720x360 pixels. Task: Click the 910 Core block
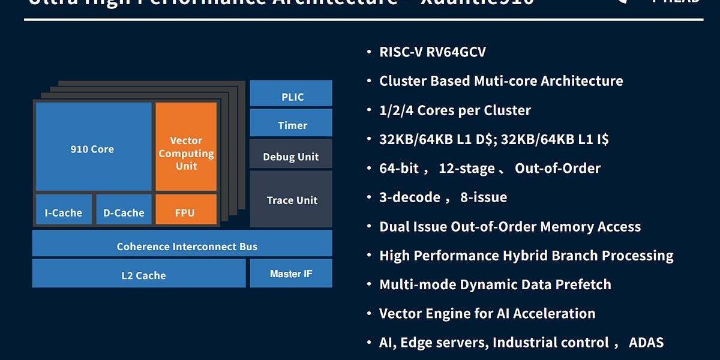click(x=93, y=147)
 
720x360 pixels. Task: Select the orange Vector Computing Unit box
click(x=186, y=147)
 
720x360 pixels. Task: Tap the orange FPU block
click(x=185, y=209)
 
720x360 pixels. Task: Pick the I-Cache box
click(x=64, y=209)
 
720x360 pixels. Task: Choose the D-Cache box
click(x=124, y=209)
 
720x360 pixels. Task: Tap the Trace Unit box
click(x=291, y=199)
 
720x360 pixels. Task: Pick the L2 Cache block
click(x=139, y=274)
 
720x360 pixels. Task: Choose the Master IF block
click(x=291, y=274)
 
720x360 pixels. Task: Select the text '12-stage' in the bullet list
click(x=467, y=169)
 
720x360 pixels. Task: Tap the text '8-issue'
click(x=484, y=197)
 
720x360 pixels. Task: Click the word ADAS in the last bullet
click(x=646, y=343)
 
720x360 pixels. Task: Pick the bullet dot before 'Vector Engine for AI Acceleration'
click(x=370, y=313)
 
